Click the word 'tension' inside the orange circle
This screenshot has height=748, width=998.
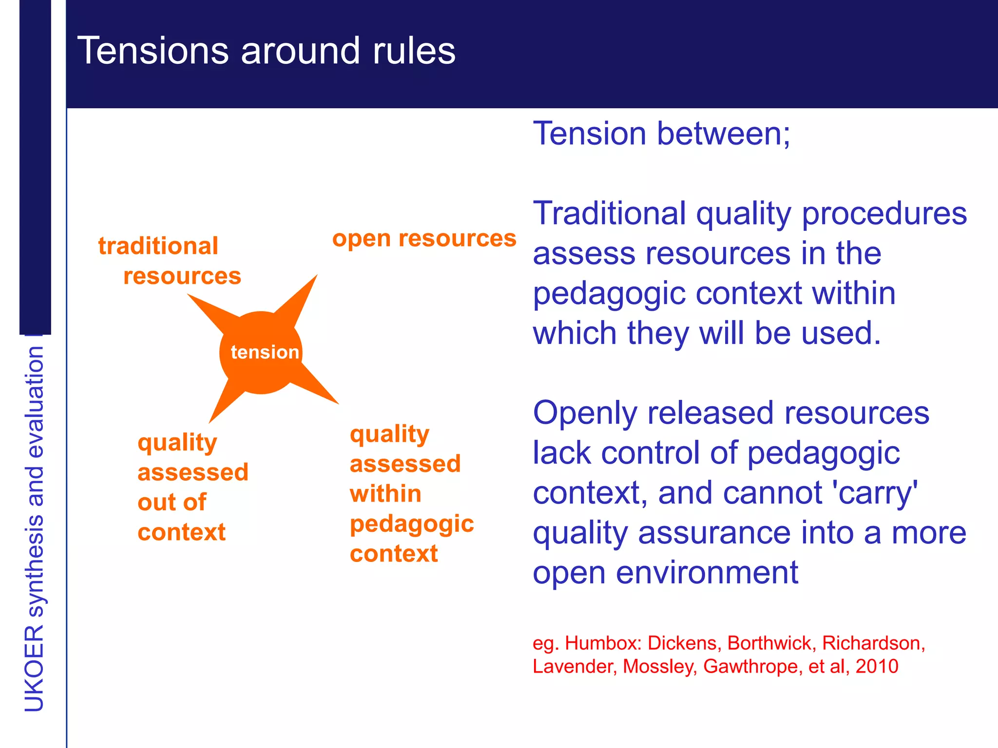click(265, 352)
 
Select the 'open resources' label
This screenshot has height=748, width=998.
click(424, 239)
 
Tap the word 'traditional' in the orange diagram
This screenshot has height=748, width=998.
click(158, 246)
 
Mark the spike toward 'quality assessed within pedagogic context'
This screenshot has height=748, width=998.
click(317, 390)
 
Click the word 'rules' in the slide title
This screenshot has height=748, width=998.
click(414, 51)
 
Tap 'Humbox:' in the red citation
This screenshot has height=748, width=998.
click(603, 643)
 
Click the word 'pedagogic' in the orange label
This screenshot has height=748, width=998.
click(412, 524)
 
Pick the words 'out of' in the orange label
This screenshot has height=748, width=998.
click(172, 503)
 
